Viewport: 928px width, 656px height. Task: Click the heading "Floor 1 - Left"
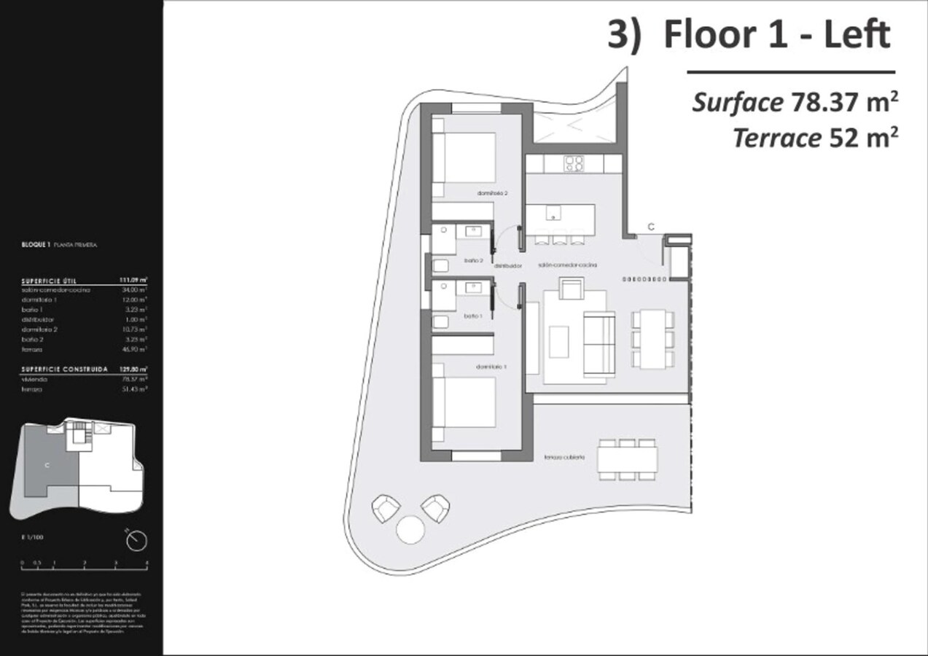point(776,36)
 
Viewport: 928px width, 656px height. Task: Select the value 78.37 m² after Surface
point(843,102)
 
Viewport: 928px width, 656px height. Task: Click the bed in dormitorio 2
point(464,164)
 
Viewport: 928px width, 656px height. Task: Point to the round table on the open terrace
point(410,529)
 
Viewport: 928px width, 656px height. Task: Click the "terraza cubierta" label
point(564,458)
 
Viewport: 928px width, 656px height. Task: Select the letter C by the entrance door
point(651,227)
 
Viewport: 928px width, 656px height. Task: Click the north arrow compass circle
point(136,540)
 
